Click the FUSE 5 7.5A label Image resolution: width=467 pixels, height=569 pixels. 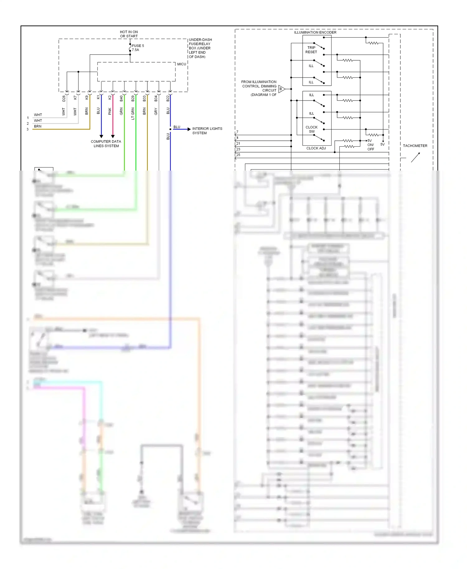click(138, 48)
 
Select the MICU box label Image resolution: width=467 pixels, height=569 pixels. click(182, 64)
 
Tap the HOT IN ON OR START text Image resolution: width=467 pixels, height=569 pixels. click(129, 34)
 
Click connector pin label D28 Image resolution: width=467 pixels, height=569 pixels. click(64, 99)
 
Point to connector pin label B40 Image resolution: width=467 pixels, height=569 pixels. click(121, 99)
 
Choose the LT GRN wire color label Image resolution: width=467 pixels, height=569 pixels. click(133, 114)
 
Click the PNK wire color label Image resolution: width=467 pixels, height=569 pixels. click(110, 111)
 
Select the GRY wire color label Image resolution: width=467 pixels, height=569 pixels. click(156, 111)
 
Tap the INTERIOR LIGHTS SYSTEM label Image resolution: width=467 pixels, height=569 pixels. click(207, 131)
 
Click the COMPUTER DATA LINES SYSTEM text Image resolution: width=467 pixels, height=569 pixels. click(106, 143)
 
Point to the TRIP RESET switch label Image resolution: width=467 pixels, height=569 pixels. click(311, 50)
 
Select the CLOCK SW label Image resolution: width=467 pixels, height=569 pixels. click(312, 129)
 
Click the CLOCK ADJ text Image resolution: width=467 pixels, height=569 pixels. click(316, 148)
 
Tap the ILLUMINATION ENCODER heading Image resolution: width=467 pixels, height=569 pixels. click(315, 32)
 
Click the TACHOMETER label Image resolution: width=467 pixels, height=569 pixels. click(415, 146)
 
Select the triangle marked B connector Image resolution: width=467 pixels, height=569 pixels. click(281, 89)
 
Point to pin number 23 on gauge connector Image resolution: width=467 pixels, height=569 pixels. click(238, 149)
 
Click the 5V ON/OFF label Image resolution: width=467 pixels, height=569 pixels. click(370, 145)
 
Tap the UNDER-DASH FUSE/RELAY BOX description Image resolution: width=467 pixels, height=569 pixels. click(200, 48)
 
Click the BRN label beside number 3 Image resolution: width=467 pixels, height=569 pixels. click(38, 126)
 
